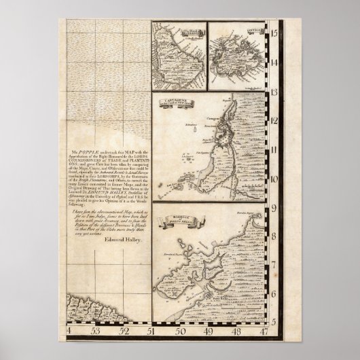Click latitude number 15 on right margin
275,31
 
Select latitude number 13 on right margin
275,92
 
